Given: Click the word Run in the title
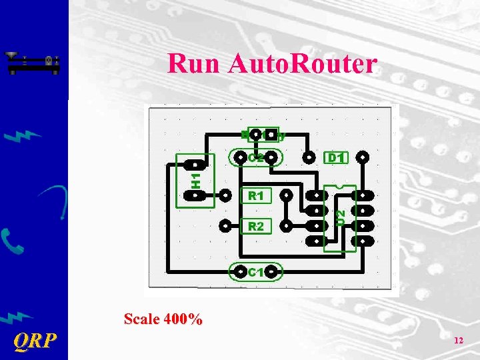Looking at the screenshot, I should (x=194, y=64).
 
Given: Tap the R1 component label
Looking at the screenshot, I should (x=256, y=196).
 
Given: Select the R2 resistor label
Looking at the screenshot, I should (x=256, y=227).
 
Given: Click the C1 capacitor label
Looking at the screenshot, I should (x=256, y=272).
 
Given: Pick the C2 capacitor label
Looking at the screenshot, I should (x=256, y=158).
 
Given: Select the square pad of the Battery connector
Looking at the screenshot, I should (x=271, y=135).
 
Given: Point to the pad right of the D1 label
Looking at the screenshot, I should (x=363, y=158).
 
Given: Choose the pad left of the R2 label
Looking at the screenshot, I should (x=227, y=225).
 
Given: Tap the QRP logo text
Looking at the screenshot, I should (x=35, y=341).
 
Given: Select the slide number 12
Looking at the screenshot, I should (x=458, y=341).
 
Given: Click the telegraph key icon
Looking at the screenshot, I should (x=33, y=63).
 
